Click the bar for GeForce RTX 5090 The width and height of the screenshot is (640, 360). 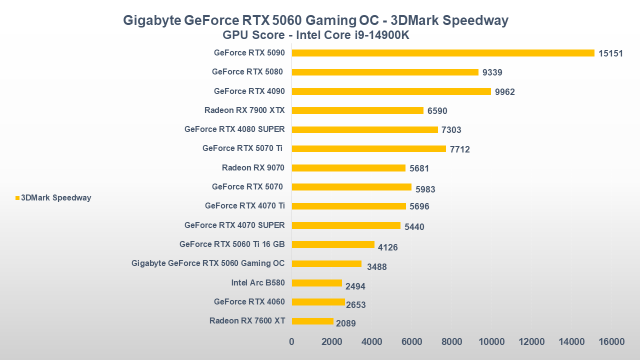pos(443,53)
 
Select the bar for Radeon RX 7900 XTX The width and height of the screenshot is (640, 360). pos(357,110)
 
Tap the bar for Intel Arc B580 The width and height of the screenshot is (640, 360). pos(316,283)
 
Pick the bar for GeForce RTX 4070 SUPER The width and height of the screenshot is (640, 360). pos(346,225)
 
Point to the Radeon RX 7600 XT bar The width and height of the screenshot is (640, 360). pos(312,321)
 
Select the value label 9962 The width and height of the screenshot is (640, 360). pos(504,92)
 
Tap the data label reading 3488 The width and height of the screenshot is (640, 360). pos(376,267)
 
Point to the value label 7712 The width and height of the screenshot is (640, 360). pos(459,149)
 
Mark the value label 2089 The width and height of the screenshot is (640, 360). pos(345,323)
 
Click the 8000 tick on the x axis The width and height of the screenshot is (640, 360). pos(451,342)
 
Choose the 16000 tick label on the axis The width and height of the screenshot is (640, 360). pos(611,342)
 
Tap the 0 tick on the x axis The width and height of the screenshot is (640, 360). pos(292,342)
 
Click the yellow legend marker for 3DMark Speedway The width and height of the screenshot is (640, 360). pos(17,198)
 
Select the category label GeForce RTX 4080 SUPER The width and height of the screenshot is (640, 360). pos(234,129)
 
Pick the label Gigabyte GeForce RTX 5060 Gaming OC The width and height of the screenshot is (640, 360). pos(208,263)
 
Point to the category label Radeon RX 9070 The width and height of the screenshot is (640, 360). pos(253,167)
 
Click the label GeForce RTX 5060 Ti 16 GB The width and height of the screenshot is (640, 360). pos(232,244)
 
